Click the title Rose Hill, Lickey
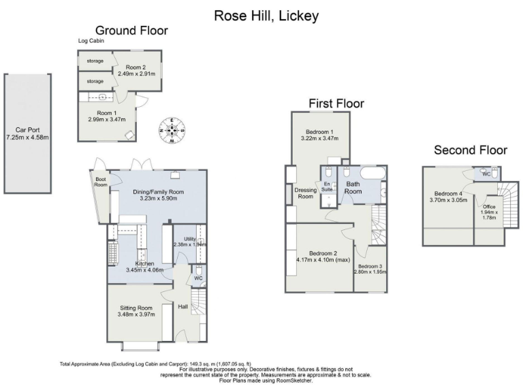click(x=266, y=15)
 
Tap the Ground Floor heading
click(x=131, y=31)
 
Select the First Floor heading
click(x=336, y=103)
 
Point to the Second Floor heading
click(x=471, y=150)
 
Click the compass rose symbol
click(x=172, y=130)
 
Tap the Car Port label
click(x=27, y=129)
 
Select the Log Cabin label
click(x=91, y=42)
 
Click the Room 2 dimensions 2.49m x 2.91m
click(x=136, y=73)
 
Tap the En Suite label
click(x=327, y=186)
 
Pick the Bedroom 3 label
click(x=370, y=266)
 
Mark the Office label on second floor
click(x=488, y=207)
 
